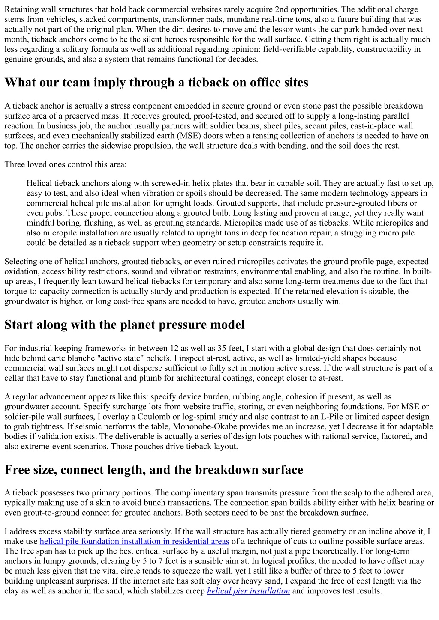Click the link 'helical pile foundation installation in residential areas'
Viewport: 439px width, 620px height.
[134, 541]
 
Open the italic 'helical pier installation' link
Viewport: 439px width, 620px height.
[248, 591]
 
